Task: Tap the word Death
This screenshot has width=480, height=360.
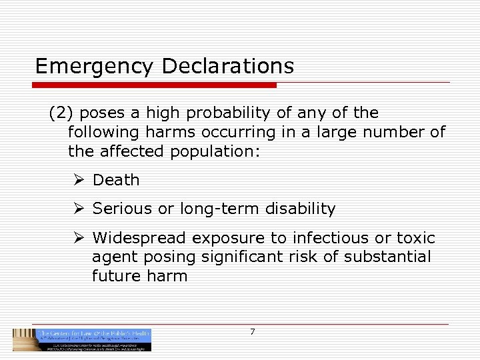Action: tap(116, 180)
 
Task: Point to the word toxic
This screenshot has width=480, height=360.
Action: tap(415, 238)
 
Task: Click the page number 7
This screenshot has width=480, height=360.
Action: tap(252, 332)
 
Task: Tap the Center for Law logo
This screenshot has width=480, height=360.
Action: tap(82, 339)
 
